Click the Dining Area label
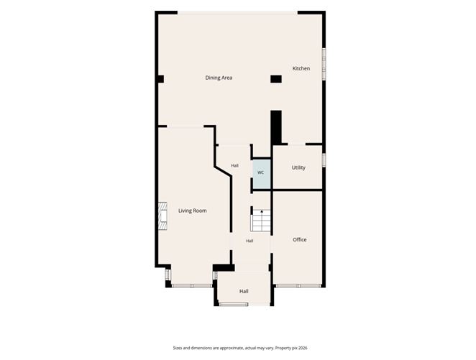[219, 78]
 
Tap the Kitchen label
[301, 68]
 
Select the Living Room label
[193, 211]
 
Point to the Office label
[300, 239]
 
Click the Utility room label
[298, 167]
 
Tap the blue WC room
[262, 174]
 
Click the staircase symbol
[261, 221]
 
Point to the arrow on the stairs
[262, 211]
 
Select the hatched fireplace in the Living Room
[163, 216]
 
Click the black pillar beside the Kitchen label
[276, 79]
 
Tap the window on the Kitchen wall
[324, 64]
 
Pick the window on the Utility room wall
[324, 160]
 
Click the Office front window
[298, 286]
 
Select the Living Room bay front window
[192, 286]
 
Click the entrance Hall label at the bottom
[244, 291]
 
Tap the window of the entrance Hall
[234, 304]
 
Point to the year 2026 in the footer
[303, 348]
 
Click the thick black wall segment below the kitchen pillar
[276, 128]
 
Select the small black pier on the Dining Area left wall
[161, 79]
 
